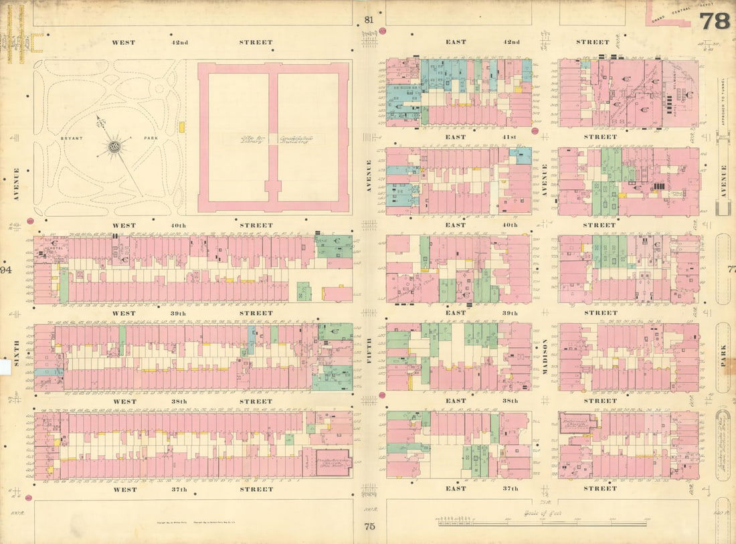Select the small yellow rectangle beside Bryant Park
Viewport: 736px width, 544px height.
(x=181, y=126)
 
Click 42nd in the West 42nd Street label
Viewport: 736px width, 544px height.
(x=179, y=42)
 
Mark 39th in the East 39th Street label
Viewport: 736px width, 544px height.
(x=510, y=312)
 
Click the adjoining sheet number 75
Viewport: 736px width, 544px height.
(x=369, y=527)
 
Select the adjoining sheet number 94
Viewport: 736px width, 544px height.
(x=6, y=270)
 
